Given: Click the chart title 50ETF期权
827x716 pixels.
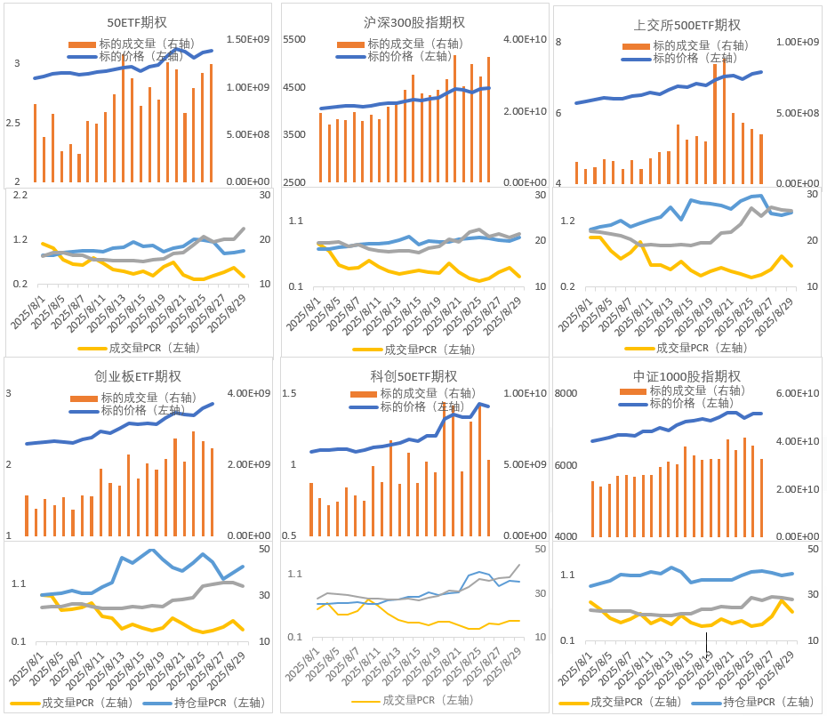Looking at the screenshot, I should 138,22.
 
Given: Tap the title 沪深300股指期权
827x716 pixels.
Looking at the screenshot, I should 414,22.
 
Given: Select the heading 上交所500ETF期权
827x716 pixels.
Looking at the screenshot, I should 687,25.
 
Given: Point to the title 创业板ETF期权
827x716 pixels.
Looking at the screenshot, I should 138,376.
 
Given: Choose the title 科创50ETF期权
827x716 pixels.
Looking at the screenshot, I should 413,376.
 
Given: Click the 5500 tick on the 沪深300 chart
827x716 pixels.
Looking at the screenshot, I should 294,40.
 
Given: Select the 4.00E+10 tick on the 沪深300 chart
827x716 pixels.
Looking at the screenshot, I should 524,40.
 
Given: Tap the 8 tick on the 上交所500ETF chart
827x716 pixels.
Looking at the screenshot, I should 558,43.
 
